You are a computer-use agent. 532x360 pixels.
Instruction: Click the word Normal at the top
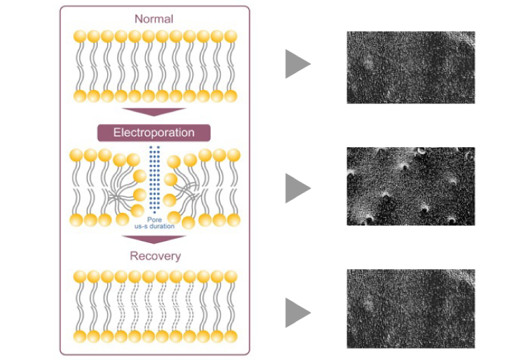[x=154, y=18]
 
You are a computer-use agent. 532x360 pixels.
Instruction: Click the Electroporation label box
[x=154, y=132]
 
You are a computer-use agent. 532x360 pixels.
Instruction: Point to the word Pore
[x=154, y=219]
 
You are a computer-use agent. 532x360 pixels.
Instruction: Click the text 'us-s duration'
[x=154, y=227]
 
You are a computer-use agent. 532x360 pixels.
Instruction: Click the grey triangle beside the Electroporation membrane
[x=297, y=188]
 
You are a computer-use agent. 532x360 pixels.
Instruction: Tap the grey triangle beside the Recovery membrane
[x=297, y=313]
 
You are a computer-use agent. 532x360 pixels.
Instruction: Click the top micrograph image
[x=410, y=67]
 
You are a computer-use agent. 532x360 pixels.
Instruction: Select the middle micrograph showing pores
[x=410, y=186]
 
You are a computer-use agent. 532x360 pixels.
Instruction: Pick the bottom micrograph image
[x=410, y=309]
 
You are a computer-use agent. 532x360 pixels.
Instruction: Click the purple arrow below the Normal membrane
[x=154, y=113]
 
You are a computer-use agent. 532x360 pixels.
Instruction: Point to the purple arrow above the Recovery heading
[x=154, y=240]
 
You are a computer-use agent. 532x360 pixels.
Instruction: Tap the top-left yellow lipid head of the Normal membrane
[x=79, y=36]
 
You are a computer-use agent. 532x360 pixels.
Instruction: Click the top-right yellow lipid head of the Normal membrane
[x=231, y=36]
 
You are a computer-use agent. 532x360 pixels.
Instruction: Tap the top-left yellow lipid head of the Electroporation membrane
[x=76, y=156]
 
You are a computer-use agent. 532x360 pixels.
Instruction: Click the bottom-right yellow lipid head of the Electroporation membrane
[x=233, y=220]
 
